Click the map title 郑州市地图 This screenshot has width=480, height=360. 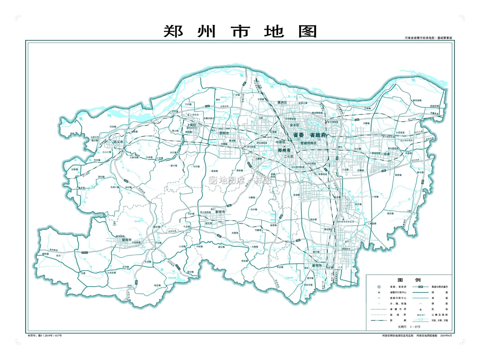click(x=240, y=31)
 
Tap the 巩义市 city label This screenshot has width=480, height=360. click(x=118, y=142)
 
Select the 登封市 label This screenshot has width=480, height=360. click(x=127, y=240)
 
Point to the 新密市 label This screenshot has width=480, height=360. click(x=220, y=212)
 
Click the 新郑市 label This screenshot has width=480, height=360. click(x=317, y=266)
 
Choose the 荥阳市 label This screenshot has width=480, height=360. click(x=224, y=133)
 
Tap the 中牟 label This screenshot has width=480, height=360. click(x=387, y=154)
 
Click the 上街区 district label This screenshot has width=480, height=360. click(x=191, y=125)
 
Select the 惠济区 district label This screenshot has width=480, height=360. click(x=282, y=103)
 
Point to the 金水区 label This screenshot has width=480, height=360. click(x=294, y=125)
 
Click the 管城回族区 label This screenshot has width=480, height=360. click(x=308, y=143)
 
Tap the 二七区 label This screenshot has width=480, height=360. click(x=289, y=156)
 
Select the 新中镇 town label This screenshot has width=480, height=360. click(x=174, y=166)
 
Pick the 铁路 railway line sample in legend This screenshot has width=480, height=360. click(x=379, y=320)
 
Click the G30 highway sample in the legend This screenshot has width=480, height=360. click(x=420, y=287)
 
